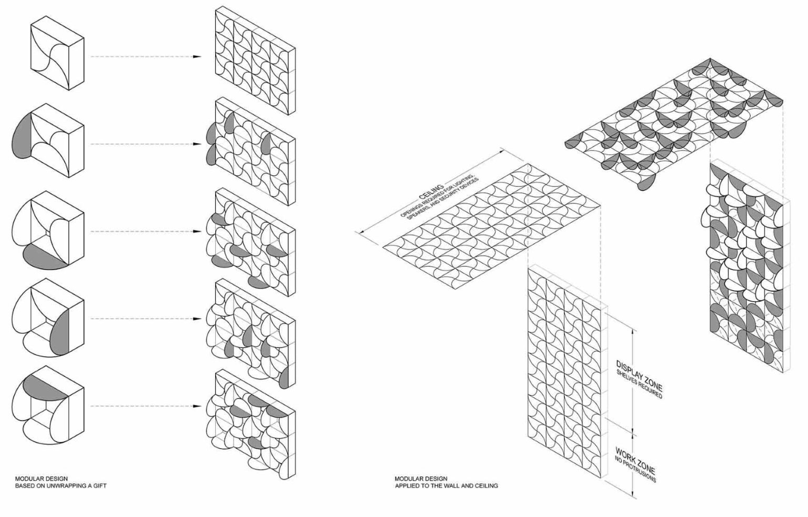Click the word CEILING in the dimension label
431,192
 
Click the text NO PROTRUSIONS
635,469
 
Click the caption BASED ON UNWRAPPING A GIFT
60,486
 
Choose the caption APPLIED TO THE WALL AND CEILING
446,486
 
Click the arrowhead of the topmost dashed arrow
197,57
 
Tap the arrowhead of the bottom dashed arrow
197,406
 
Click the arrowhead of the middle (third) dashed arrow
197,232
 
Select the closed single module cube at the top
57,53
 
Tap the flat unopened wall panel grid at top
255,61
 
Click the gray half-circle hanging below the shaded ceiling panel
647,182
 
